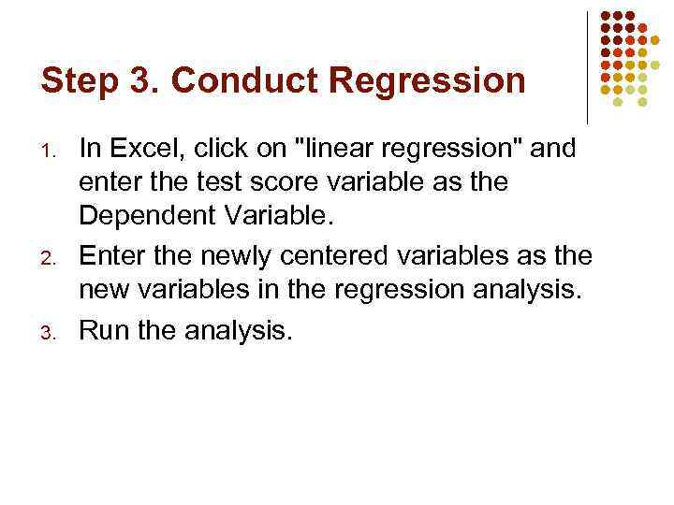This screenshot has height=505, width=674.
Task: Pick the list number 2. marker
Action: pos(54,255)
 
